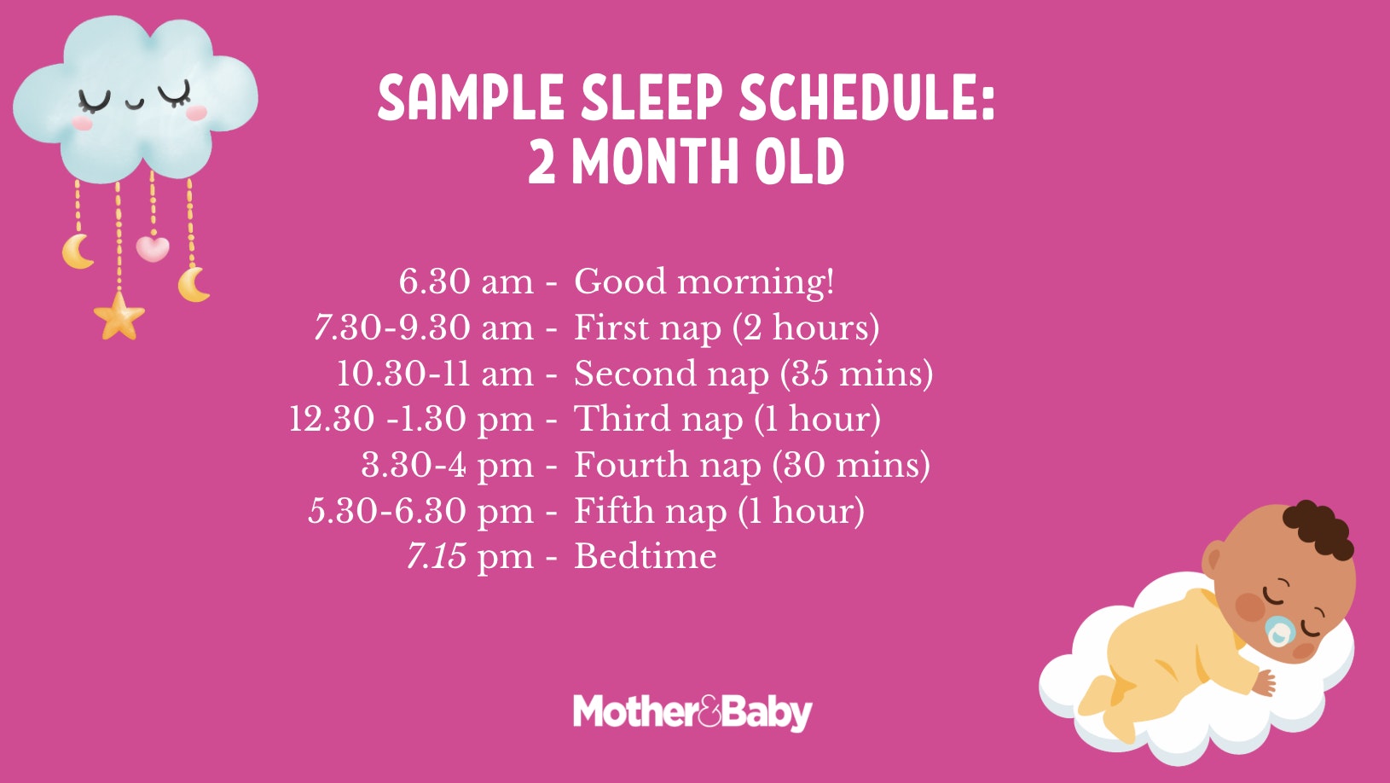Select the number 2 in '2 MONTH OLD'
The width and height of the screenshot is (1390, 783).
pos(542,162)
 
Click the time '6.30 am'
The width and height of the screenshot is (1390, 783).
pos(466,281)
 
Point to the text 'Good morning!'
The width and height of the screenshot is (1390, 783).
pos(704,281)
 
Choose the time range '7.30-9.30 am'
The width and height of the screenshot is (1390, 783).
pos(424,328)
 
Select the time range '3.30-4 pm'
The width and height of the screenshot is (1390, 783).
pos(447,465)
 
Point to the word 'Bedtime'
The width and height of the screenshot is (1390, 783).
pos(646,556)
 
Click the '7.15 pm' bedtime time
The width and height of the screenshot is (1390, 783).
pos(470,556)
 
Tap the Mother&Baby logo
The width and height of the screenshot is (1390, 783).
pos(692,712)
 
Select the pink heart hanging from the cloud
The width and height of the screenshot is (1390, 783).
pos(153,248)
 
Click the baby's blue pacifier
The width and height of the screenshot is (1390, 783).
pos(1278,631)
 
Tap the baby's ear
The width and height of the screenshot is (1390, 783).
pos(1213,561)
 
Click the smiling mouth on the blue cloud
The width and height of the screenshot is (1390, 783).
pos(136,105)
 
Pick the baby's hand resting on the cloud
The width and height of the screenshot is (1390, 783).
pos(1263,682)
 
